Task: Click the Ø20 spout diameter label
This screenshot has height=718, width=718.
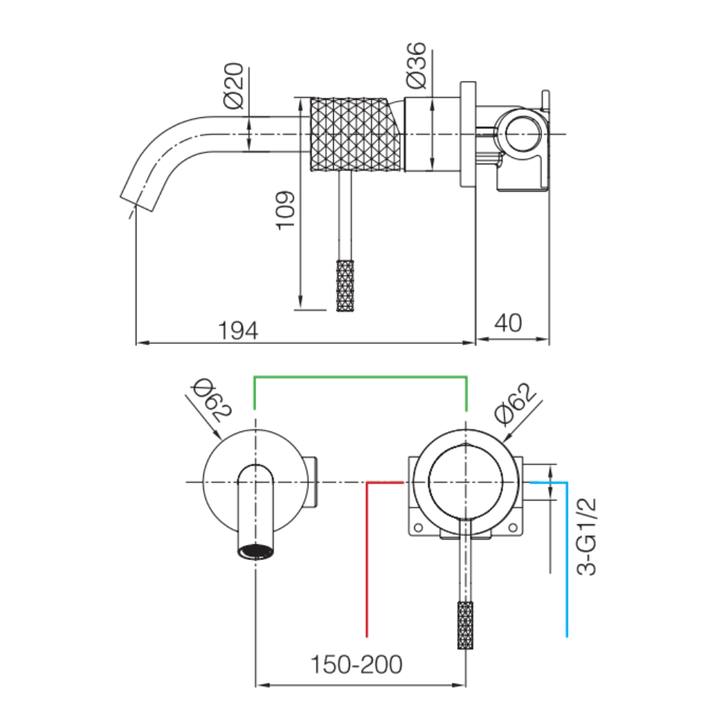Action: [233, 85]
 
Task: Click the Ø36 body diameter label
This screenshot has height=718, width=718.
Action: [416, 65]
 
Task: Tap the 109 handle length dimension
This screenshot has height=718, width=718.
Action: [285, 210]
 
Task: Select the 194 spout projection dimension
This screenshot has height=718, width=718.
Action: [238, 330]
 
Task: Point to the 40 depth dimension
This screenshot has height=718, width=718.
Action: [508, 323]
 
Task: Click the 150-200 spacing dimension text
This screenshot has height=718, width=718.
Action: [356, 664]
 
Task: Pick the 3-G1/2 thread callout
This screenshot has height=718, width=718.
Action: [587, 536]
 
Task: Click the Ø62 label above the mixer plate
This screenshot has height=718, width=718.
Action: [515, 403]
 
